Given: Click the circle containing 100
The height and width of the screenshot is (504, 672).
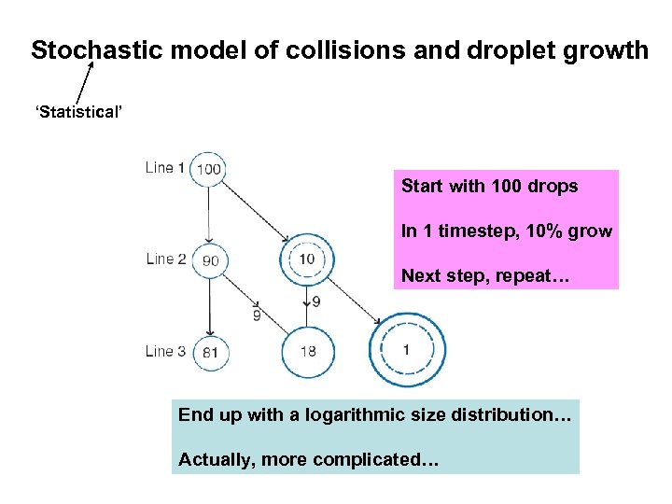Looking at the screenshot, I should (x=209, y=169).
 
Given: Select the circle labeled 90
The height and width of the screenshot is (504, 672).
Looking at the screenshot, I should (x=210, y=260).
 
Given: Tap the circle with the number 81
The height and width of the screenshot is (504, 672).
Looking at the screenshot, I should (x=210, y=352).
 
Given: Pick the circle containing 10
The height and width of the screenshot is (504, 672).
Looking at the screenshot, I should (x=306, y=259).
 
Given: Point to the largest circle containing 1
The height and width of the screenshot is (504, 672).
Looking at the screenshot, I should (x=407, y=350).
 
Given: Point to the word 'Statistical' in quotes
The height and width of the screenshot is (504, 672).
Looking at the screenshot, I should (x=78, y=113).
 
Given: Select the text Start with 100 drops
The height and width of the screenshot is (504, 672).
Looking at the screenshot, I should (x=489, y=186).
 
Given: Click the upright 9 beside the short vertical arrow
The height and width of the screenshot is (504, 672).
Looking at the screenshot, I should (x=316, y=301).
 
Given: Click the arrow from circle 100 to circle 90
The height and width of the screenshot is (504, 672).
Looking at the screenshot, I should (x=209, y=215).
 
